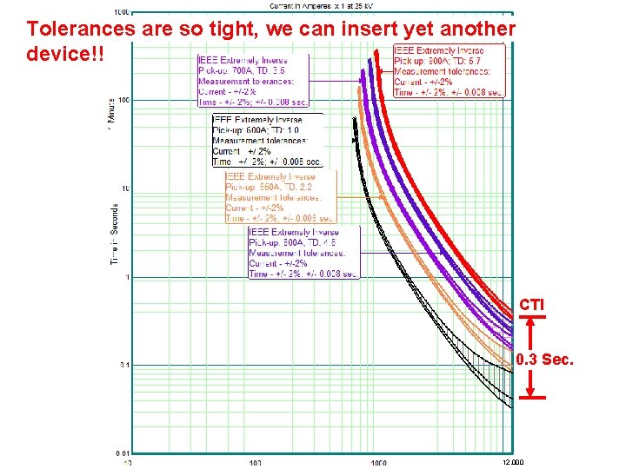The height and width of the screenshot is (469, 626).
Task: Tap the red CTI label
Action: coord(532,306)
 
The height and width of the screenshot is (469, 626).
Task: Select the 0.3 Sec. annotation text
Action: coord(544,360)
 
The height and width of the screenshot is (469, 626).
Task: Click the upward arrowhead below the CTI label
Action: coord(533,320)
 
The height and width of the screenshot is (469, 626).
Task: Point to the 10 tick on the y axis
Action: coord(124,189)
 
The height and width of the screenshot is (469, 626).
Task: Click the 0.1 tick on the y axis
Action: coord(123,366)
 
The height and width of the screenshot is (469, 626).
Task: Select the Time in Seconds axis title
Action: coord(114,234)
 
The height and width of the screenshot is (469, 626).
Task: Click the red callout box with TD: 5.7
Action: coord(449,71)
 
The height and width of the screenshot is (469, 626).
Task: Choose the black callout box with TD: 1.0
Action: coord(268,141)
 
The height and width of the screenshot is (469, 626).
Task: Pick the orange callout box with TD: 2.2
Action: coord(280,198)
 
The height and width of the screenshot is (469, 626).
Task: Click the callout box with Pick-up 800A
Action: coord(303,253)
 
